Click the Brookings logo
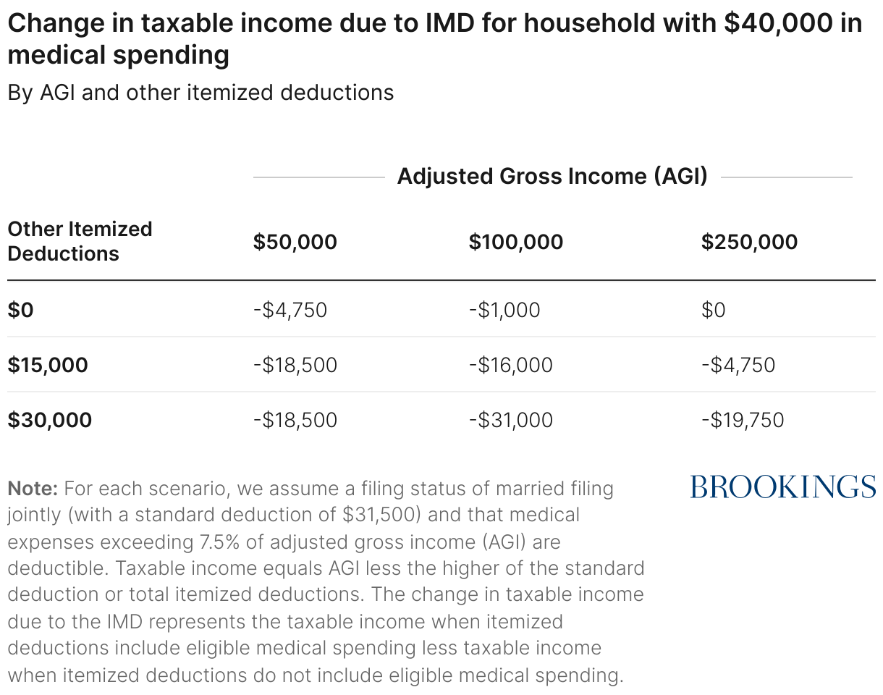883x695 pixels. (783, 486)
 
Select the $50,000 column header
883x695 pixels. (295, 242)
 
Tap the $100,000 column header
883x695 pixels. (515, 242)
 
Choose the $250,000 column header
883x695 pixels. (749, 242)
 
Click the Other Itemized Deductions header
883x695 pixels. (80, 241)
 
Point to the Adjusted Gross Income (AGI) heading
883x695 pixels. (552, 177)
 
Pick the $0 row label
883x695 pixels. (21, 310)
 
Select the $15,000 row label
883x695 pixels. (48, 365)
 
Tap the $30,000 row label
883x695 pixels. (50, 420)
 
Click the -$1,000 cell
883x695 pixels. (504, 310)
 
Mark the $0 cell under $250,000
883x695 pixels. (713, 310)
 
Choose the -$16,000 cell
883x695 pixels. (510, 365)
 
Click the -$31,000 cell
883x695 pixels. (510, 420)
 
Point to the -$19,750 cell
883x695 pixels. (742, 420)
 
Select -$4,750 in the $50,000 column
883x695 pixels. (290, 310)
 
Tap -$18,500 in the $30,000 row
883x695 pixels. (295, 420)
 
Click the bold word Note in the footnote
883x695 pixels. (33, 488)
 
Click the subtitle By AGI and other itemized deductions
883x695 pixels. (200, 93)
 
